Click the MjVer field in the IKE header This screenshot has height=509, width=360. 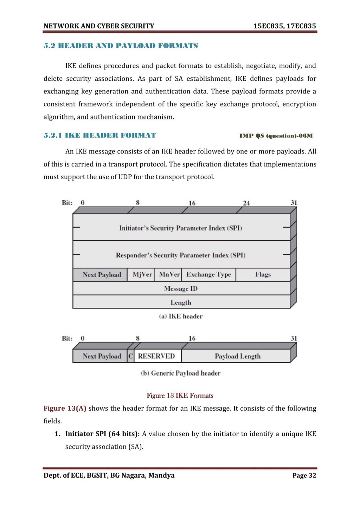(x=142, y=274)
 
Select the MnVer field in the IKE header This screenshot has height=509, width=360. (x=169, y=274)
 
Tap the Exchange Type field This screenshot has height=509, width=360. (x=208, y=274)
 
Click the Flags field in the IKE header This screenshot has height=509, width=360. (x=263, y=274)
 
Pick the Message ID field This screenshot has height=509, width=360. (x=181, y=288)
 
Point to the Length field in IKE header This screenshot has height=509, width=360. (x=181, y=302)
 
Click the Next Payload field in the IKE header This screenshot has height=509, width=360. (x=102, y=275)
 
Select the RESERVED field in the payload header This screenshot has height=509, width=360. (x=156, y=356)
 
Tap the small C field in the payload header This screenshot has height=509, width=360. (x=130, y=356)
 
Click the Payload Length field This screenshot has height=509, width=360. (x=238, y=356)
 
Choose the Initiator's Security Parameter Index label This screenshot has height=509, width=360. (x=180, y=228)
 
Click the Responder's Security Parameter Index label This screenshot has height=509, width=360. (x=180, y=255)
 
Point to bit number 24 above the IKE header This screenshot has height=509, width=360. (x=246, y=203)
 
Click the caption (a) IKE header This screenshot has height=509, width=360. (x=181, y=316)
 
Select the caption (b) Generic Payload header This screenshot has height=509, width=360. (x=180, y=373)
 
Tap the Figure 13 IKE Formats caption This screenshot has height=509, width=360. (x=180, y=396)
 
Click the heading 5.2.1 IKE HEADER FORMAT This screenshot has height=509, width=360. (x=100, y=135)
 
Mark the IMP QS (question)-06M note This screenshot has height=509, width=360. (x=276, y=136)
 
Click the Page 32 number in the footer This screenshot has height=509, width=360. (x=304, y=476)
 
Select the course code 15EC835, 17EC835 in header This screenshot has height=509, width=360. (x=284, y=26)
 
